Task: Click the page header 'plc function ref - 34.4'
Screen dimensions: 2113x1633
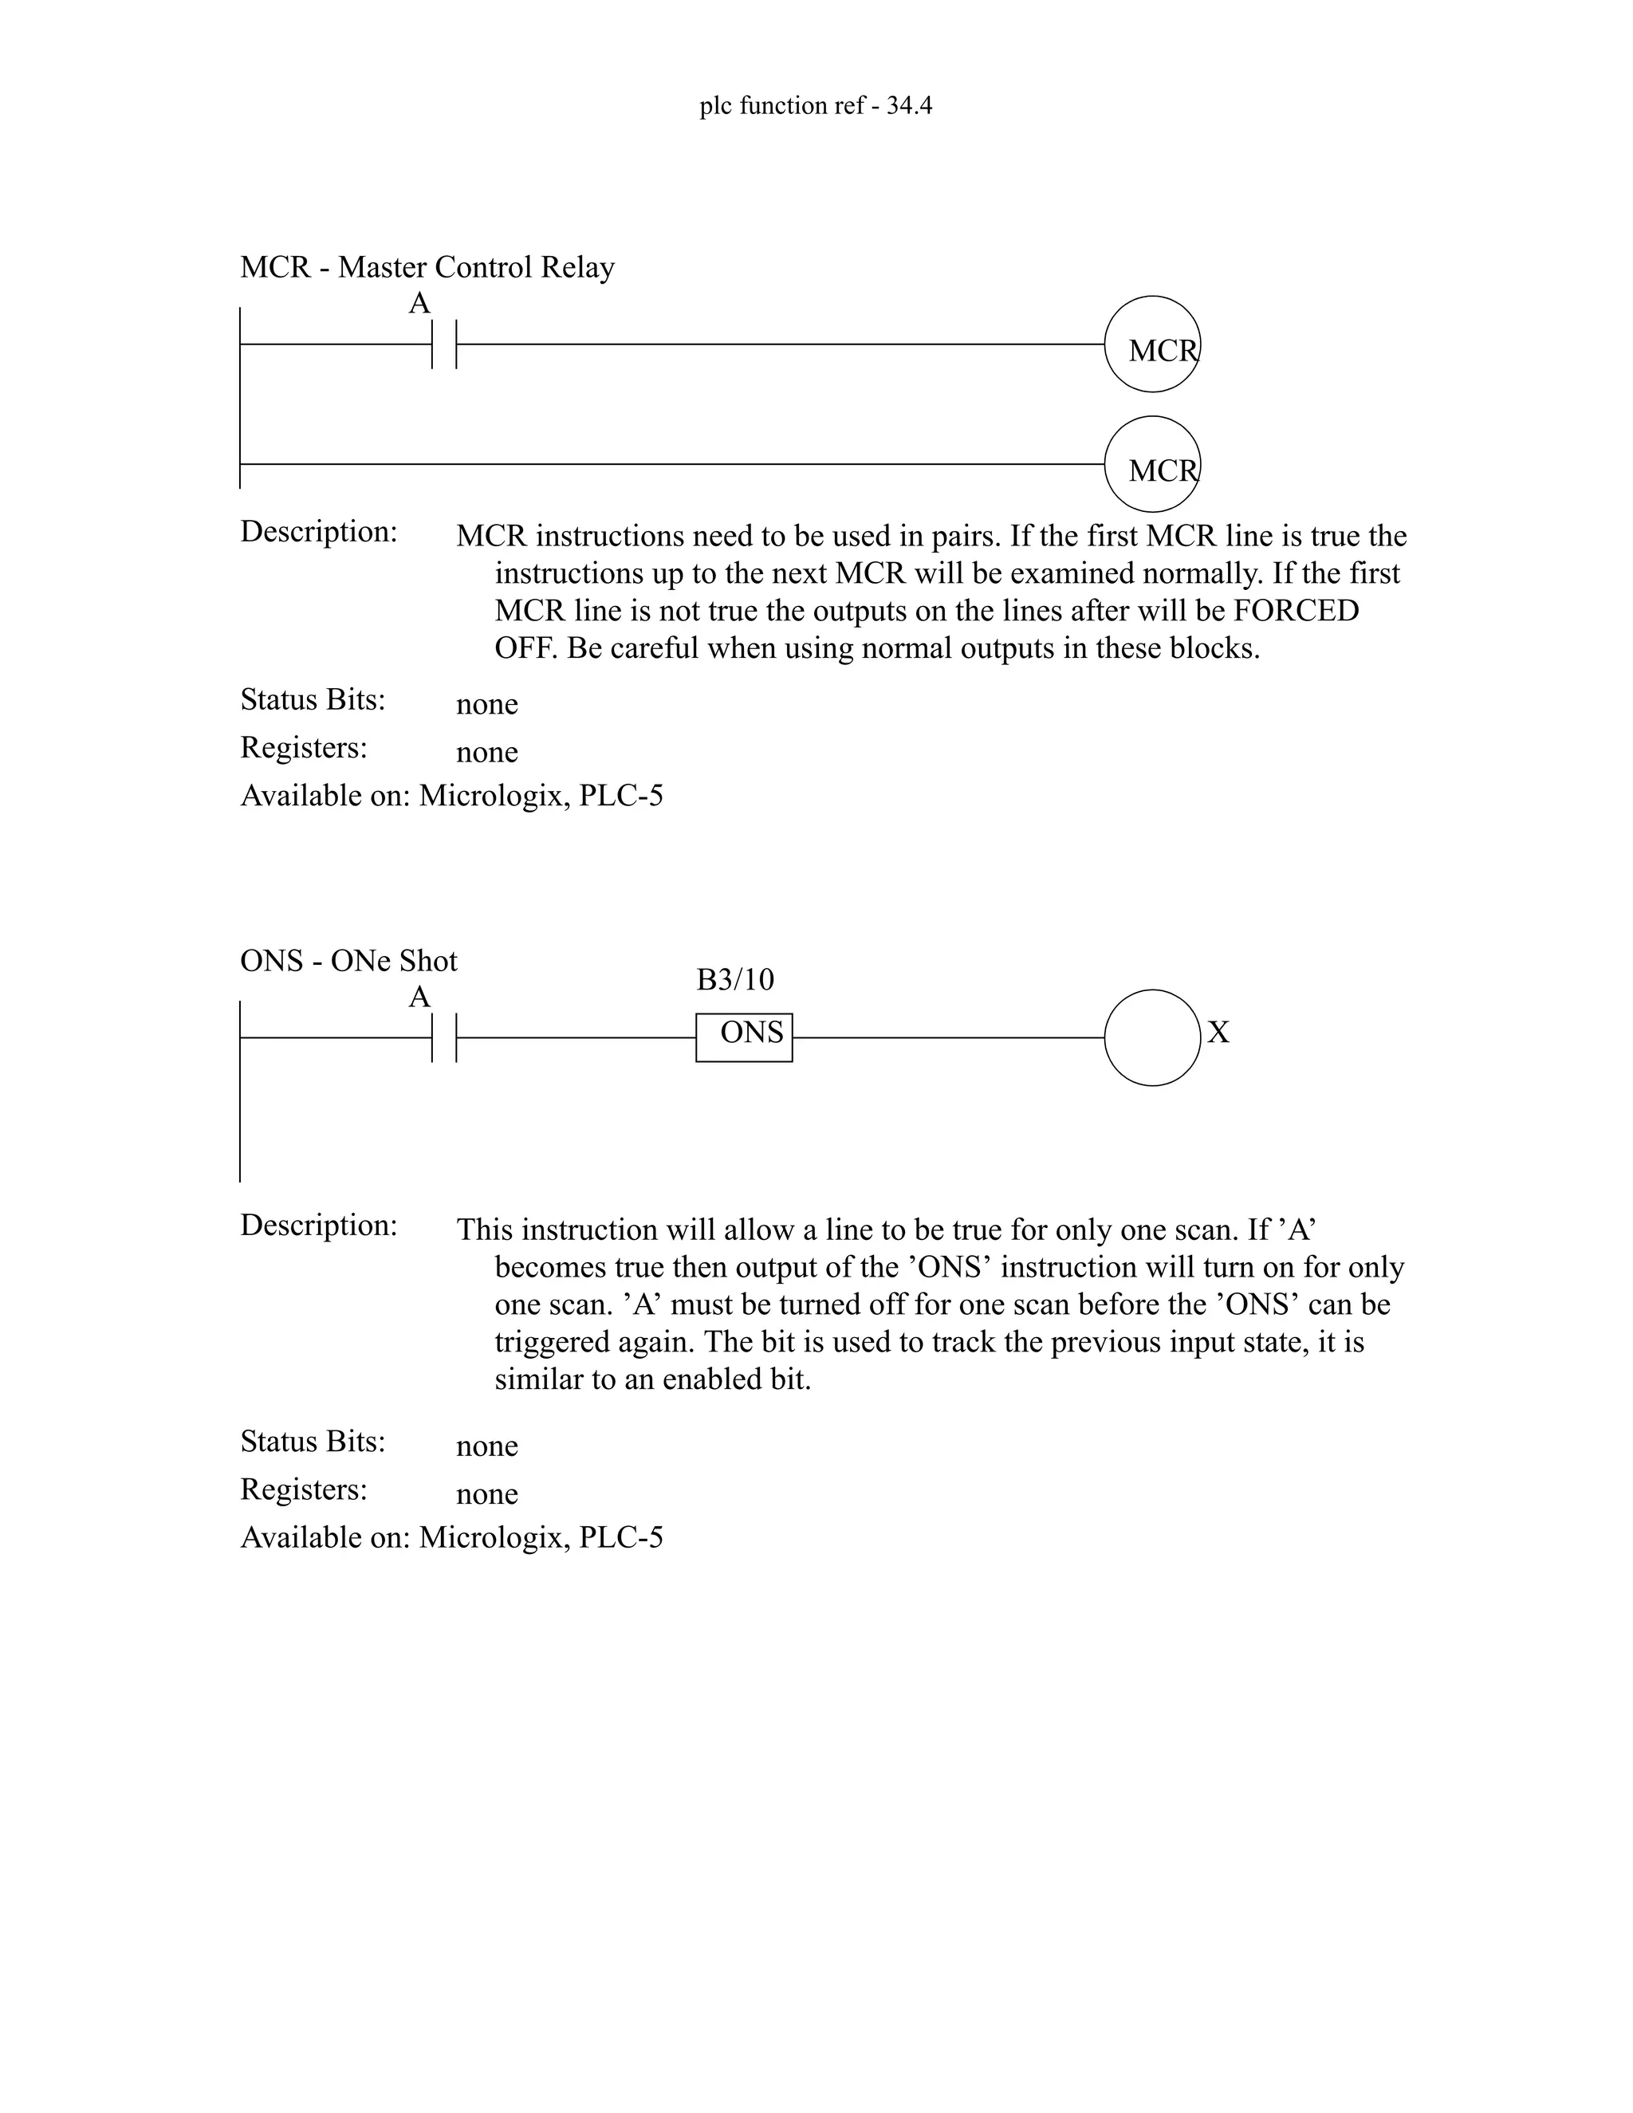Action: tap(816, 105)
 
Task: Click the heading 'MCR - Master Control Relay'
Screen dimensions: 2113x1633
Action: tap(427, 267)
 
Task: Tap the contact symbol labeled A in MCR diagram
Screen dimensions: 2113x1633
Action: tap(443, 344)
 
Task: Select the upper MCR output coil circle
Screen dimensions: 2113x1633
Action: tap(1152, 344)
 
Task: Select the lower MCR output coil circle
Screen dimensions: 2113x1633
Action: tap(1152, 464)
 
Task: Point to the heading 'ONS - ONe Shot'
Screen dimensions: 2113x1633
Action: tap(348, 961)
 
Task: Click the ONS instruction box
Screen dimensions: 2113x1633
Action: tap(744, 1037)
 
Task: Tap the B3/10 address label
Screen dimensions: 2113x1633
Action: tap(735, 980)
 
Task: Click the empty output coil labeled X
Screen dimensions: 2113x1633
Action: tap(1152, 1037)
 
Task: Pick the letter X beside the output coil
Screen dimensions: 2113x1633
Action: tap(1219, 1033)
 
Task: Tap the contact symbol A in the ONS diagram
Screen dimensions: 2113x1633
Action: tap(443, 1037)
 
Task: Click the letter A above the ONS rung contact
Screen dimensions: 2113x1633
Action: tap(419, 997)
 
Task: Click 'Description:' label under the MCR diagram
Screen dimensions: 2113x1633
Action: tap(318, 531)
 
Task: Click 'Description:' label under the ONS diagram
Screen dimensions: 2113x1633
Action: tap(318, 1225)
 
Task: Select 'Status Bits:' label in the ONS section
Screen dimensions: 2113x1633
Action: tap(313, 1441)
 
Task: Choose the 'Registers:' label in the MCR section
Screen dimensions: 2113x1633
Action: tap(303, 747)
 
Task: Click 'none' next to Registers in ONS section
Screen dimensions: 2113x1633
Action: tap(486, 1493)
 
